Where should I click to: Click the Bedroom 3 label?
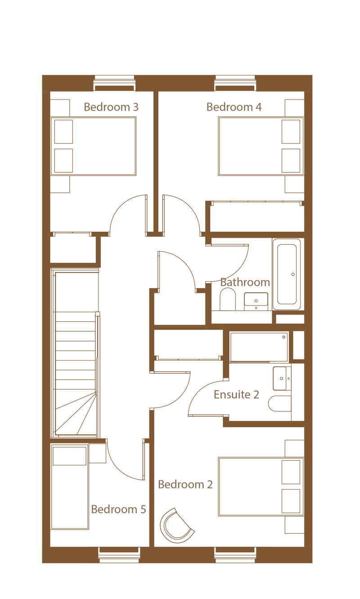click(x=111, y=107)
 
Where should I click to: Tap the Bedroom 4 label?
click(x=234, y=107)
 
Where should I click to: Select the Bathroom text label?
click(x=245, y=282)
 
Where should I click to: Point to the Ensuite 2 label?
click(x=236, y=395)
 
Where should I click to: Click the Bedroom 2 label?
click(x=185, y=485)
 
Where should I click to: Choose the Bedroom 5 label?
click(x=118, y=509)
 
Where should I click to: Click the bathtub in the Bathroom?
click(x=287, y=275)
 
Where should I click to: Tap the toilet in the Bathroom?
click(x=228, y=299)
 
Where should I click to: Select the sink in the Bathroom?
click(x=256, y=302)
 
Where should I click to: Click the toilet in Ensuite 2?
click(x=280, y=404)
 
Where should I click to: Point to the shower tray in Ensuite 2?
click(x=259, y=347)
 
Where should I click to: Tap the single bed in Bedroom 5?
click(x=70, y=486)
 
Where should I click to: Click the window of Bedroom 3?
click(x=114, y=83)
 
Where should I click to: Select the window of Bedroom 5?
click(x=119, y=555)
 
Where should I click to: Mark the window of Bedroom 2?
click(x=235, y=555)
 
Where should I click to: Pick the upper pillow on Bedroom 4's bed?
click(x=291, y=131)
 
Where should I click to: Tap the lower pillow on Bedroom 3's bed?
click(x=63, y=161)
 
